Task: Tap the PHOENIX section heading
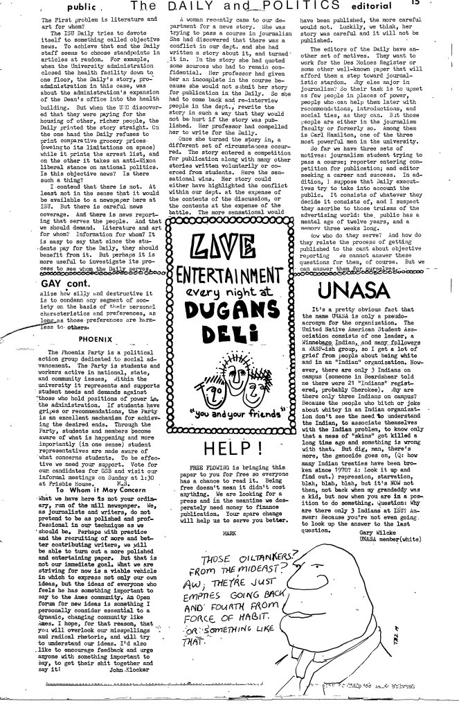96,339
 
